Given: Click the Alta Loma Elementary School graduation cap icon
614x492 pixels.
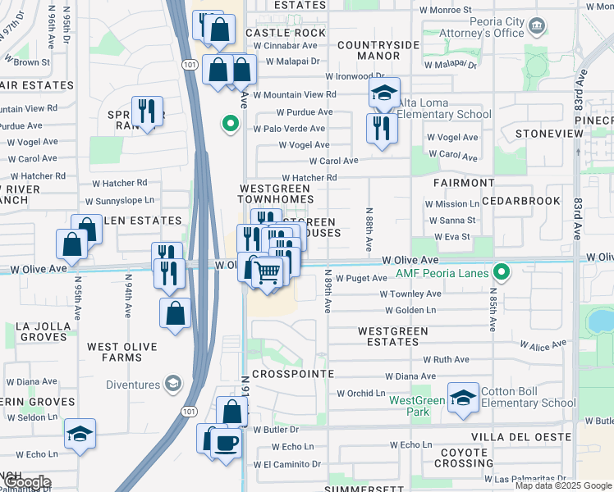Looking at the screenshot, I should (x=383, y=95).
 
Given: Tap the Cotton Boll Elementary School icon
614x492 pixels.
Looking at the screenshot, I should (x=463, y=398).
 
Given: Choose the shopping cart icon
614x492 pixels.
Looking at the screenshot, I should (x=268, y=271).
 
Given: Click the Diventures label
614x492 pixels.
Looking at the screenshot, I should (x=135, y=383).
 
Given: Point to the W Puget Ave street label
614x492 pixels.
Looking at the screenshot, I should (x=361, y=279).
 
